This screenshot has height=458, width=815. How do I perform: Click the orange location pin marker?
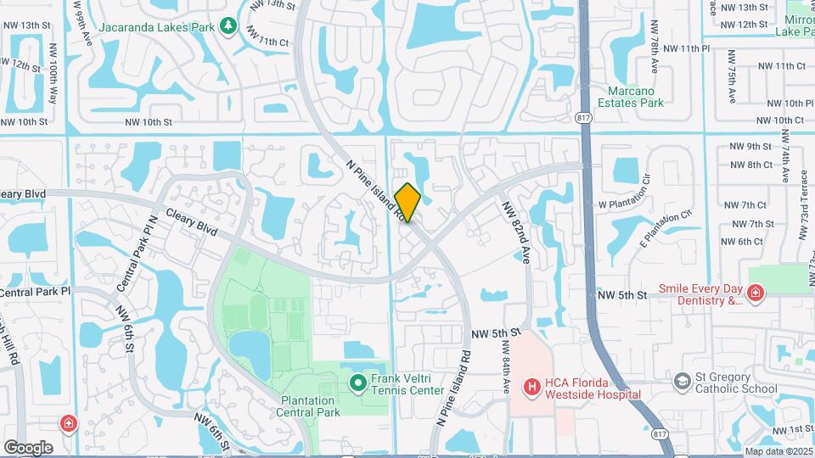[408, 203]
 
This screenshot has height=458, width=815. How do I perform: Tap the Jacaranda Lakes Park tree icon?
[228, 26]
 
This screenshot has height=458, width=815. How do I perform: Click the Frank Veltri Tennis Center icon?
[358, 384]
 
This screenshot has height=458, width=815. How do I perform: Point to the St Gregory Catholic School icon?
[682, 382]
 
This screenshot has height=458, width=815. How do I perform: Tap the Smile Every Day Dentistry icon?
[755, 293]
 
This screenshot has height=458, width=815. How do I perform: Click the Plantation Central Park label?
[307, 406]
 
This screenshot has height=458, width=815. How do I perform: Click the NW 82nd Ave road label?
[516, 232]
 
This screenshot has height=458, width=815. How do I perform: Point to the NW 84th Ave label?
[505, 371]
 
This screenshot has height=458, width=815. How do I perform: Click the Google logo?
[28, 448]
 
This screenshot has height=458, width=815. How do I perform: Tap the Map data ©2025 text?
[778, 451]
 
